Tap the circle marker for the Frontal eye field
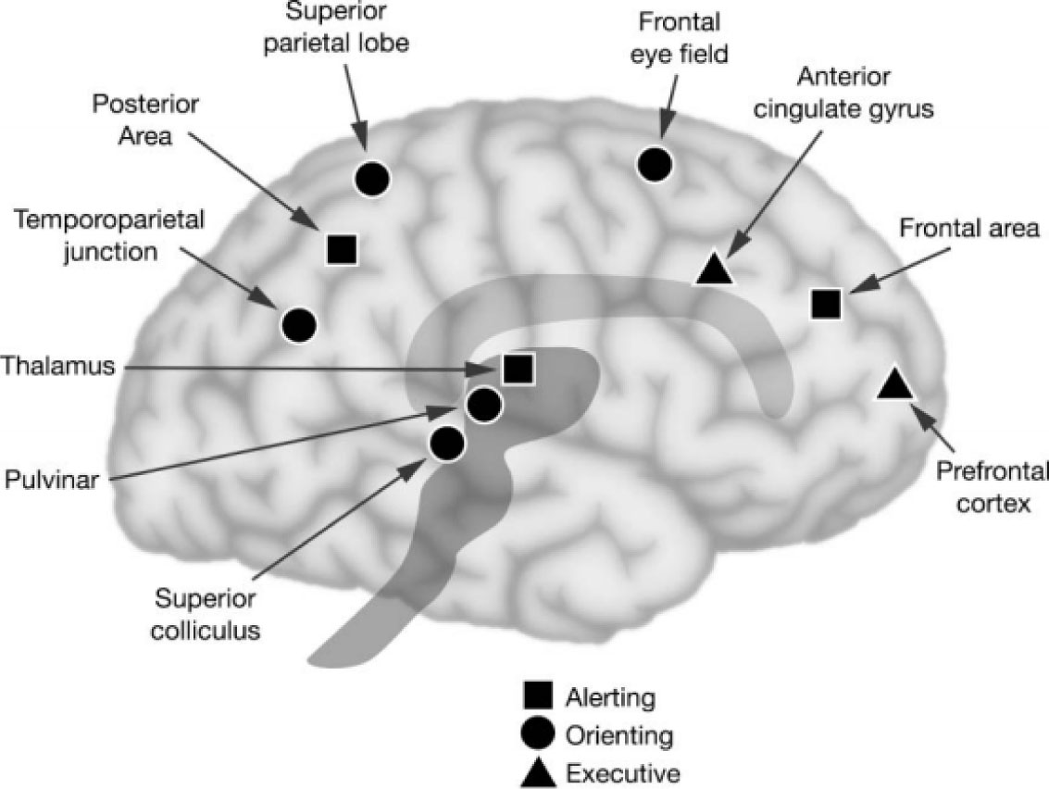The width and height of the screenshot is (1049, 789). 655,164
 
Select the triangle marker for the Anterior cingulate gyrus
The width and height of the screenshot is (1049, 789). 714,269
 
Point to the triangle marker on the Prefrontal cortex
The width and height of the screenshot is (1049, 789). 893,383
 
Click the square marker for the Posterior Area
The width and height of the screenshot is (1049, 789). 342,247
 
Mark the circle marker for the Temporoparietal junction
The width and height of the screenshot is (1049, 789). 298,324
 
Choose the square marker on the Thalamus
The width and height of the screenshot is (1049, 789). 517,369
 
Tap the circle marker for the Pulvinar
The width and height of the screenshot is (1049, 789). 483,405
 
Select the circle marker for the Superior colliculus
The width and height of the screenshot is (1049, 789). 446,444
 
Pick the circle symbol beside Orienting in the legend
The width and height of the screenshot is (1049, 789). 539,733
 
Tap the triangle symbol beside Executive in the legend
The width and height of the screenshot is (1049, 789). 539,771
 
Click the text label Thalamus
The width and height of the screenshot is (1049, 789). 57,366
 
